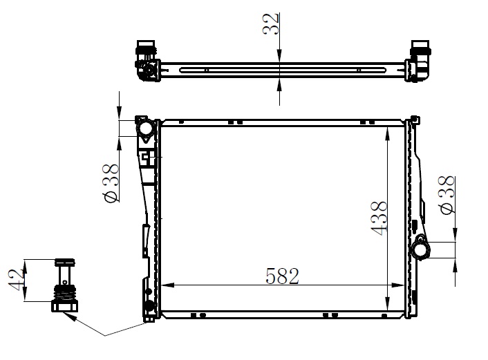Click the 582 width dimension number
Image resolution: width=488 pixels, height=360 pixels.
[282, 276]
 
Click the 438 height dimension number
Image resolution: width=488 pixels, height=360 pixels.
[379, 218]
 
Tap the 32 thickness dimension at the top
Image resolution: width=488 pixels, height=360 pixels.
[270, 24]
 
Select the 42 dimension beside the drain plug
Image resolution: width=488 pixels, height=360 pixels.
[16, 279]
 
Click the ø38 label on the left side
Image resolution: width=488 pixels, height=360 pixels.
[111, 183]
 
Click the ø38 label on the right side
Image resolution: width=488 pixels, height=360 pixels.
[447, 195]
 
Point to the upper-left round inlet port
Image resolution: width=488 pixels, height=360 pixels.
[145, 128]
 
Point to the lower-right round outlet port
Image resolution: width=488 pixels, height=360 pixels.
[420, 250]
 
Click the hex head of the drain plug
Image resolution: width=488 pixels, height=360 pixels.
[64, 306]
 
